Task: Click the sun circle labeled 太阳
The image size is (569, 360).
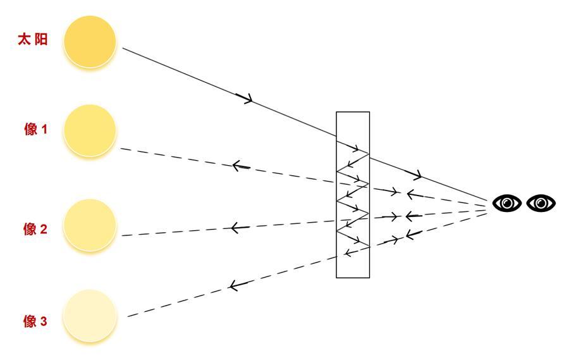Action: (x=90, y=42)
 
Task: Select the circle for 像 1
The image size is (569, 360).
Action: (x=90, y=131)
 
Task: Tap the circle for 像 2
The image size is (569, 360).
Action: (x=90, y=226)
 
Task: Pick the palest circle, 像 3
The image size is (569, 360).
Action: (x=91, y=316)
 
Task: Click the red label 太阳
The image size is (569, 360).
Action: (x=33, y=40)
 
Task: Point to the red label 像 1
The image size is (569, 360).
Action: (x=35, y=130)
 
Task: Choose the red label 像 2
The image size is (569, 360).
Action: (x=35, y=229)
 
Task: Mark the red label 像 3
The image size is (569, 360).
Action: (x=35, y=321)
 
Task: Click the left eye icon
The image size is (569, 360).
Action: (x=507, y=203)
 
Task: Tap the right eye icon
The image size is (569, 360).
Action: (x=541, y=203)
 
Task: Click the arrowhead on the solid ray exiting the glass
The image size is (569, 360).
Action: (x=417, y=175)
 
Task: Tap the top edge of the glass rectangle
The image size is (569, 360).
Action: (x=353, y=112)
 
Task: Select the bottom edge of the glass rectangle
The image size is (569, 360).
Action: (x=353, y=278)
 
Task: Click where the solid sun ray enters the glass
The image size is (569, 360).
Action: (x=336, y=137)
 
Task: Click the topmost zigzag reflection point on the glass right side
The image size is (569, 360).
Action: (x=369, y=152)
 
